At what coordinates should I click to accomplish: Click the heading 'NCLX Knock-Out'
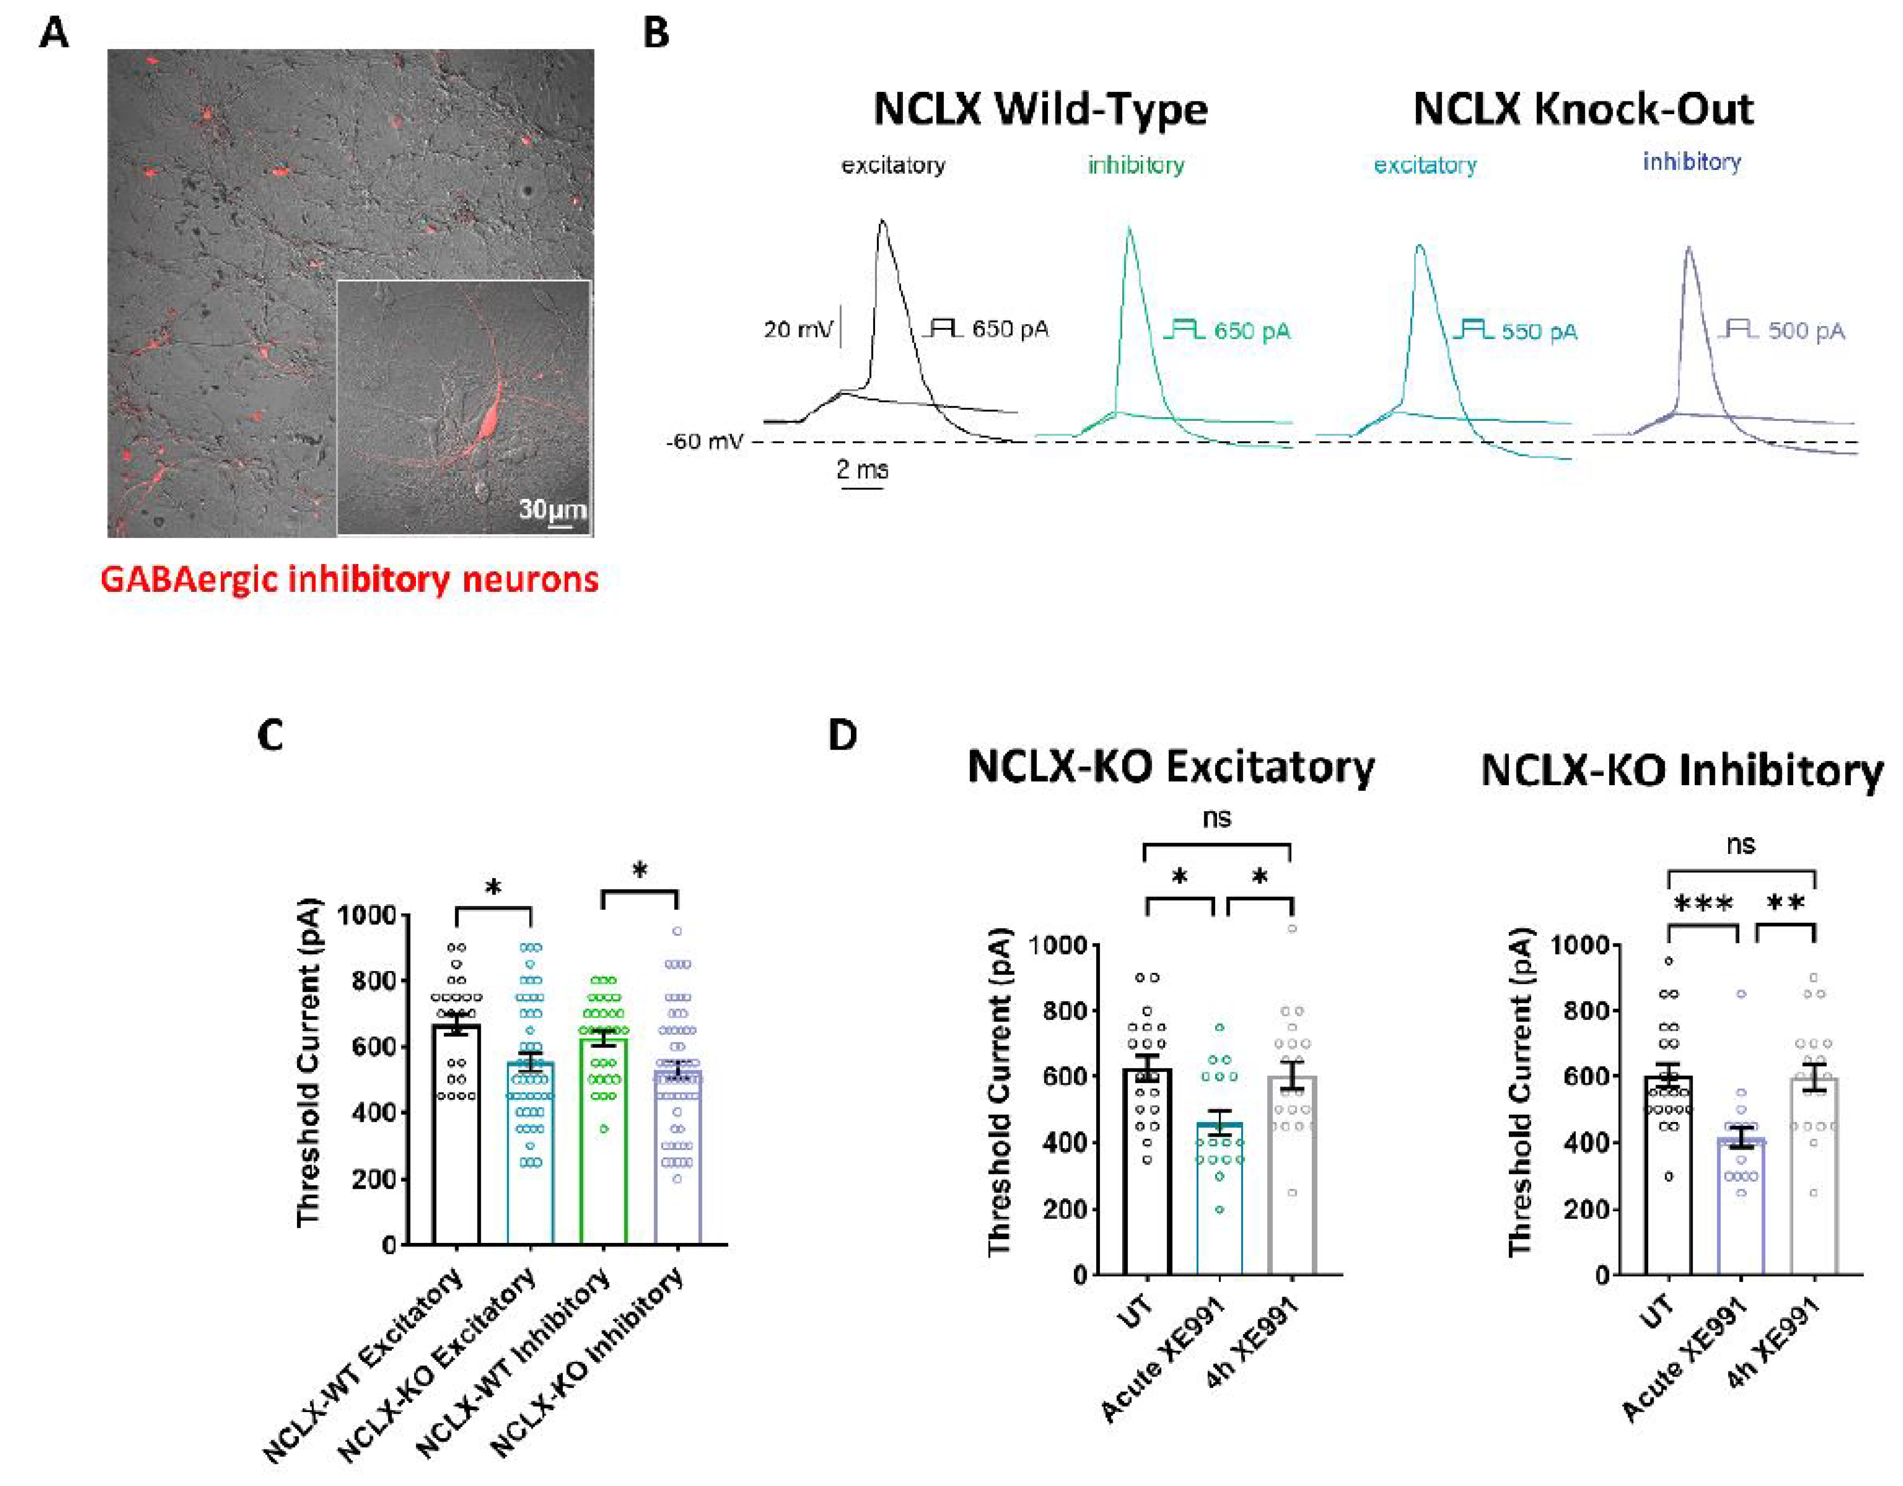pyautogui.click(x=1583, y=110)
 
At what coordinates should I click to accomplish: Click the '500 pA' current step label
pyautogui.click(x=1806, y=331)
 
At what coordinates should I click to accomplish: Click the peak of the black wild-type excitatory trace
pyautogui.click(x=883, y=221)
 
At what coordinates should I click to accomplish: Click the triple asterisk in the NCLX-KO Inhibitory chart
pyautogui.click(x=1704, y=904)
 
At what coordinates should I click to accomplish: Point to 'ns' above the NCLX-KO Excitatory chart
pyautogui.click(x=1217, y=818)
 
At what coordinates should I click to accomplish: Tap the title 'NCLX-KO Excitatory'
pyautogui.click(x=1170, y=768)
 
